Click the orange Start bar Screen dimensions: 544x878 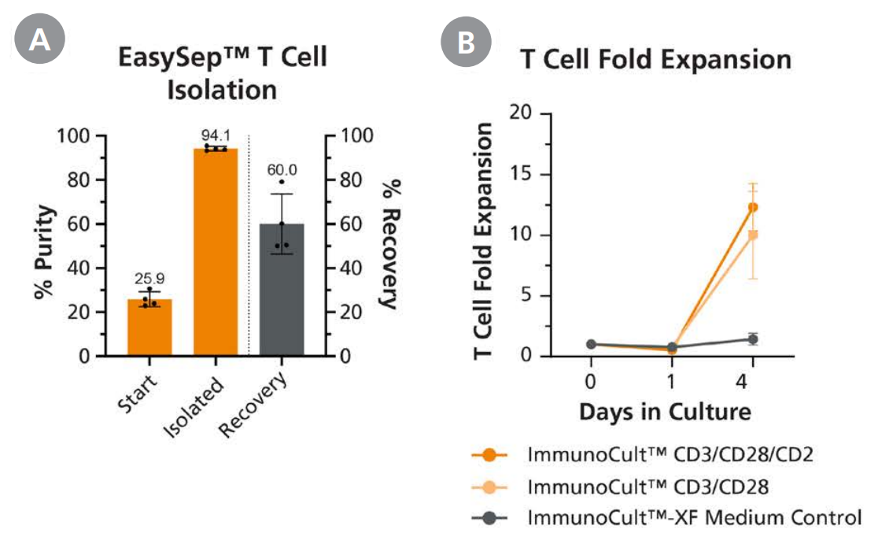(x=149, y=328)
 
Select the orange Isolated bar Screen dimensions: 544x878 (x=216, y=252)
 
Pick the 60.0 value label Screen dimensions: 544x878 (x=282, y=169)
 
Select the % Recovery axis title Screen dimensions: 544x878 (x=390, y=244)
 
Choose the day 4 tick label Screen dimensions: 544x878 (x=752, y=383)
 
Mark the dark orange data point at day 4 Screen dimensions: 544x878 (x=753, y=207)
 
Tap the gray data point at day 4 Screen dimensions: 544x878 (x=753, y=339)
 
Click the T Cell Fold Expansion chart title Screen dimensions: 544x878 (x=655, y=60)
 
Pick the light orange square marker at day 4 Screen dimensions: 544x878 (x=753, y=235)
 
